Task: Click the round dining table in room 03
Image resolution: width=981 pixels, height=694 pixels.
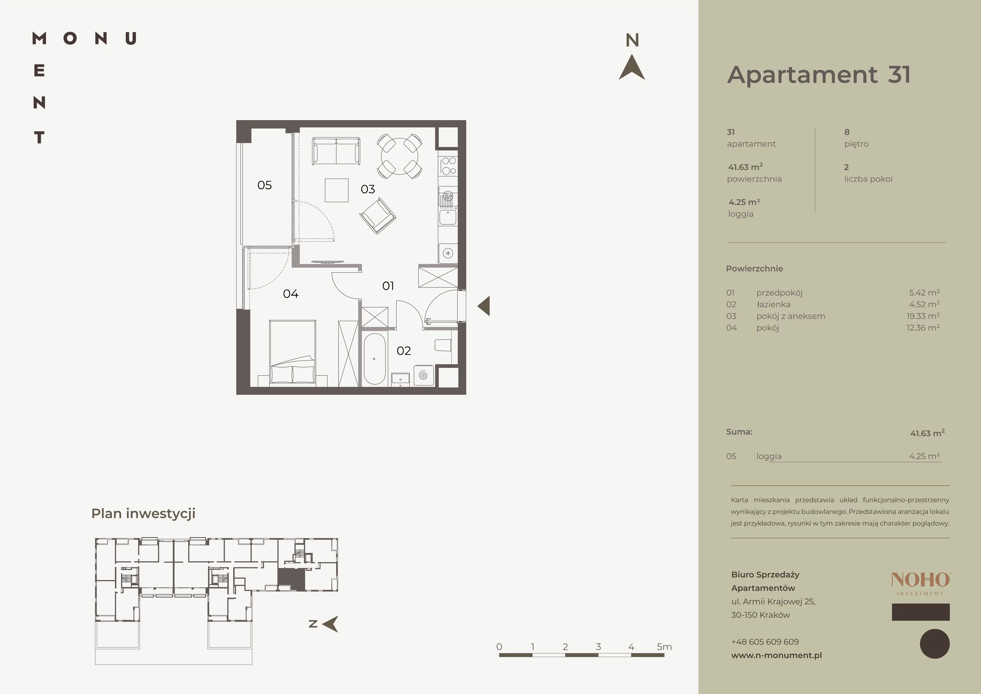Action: click(400, 156)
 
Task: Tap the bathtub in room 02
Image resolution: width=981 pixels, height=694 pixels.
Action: click(374, 359)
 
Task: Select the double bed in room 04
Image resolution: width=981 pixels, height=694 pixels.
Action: click(293, 352)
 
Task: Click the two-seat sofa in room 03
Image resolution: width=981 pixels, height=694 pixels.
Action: click(336, 151)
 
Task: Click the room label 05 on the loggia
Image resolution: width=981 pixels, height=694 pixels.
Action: click(265, 185)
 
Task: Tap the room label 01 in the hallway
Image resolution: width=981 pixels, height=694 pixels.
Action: click(388, 286)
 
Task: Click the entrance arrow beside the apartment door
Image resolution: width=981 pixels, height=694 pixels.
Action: click(484, 306)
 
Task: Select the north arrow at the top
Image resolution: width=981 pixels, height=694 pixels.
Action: click(632, 67)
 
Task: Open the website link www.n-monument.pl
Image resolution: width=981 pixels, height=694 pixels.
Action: click(776, 655)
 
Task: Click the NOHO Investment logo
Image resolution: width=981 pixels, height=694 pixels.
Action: click(921, 584)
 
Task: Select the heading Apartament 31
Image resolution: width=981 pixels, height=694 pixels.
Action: click(819, 75)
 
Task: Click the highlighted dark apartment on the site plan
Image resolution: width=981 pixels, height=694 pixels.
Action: click(291, 579)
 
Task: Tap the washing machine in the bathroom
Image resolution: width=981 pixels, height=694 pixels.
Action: click(423, 375)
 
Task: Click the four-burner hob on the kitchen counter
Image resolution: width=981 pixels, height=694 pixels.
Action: click(448, 166)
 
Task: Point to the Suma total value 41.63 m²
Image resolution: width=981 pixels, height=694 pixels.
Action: click(927, 433)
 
